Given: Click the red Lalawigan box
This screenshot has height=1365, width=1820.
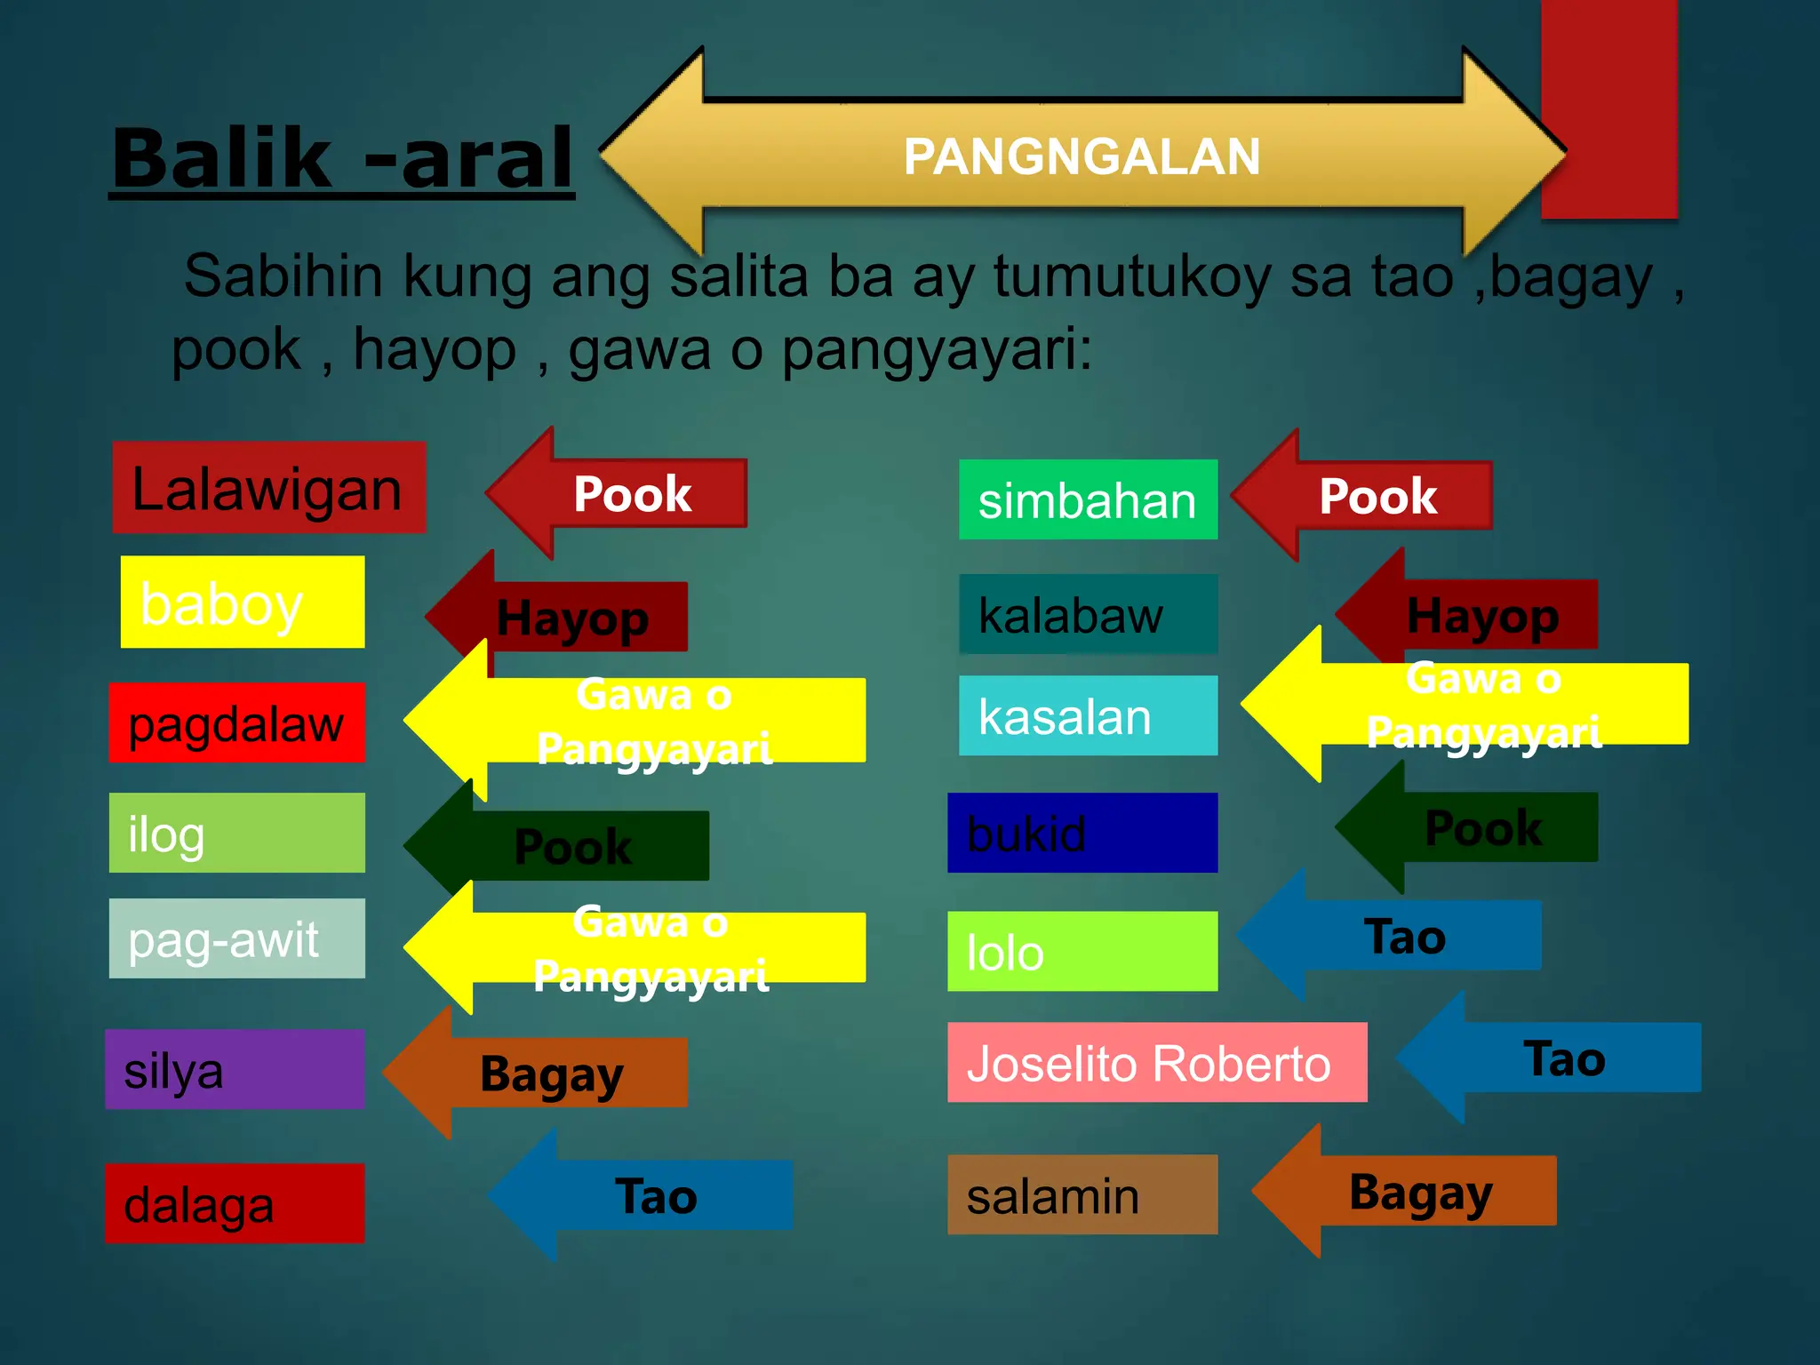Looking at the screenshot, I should pos(268,488).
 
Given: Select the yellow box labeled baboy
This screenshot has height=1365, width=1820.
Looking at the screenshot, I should pos(242,602).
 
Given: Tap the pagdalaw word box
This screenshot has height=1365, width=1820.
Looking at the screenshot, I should pos(236,722).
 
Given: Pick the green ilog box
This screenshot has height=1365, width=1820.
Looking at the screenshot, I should pos(236,833).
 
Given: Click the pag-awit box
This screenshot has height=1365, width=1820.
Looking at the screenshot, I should pos(236,938).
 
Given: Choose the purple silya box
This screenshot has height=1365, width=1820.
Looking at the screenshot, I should pos(235,1069).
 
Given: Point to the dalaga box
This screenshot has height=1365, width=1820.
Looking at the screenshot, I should pos(235,1203).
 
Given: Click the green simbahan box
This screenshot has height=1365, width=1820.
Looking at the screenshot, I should pos(1088,499).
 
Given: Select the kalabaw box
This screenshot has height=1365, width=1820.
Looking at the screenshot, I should pos(1088,614).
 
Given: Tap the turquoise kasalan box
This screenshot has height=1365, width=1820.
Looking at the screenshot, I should pos(1088,715).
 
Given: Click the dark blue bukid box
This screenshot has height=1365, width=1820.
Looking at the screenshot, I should pos(1082,833).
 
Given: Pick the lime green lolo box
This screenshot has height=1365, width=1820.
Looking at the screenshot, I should pos(1082,951).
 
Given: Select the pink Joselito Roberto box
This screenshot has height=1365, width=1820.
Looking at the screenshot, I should pos(1156,1063).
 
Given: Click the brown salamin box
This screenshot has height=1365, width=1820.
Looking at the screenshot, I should pos(1082,1194).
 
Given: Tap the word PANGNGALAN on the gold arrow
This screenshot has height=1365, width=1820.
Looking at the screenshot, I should pos(1082,156).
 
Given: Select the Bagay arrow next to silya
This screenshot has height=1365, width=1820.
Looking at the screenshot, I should pos(551,1074).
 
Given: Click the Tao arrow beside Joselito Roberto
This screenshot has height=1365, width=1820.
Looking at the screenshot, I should pos(1564,1058).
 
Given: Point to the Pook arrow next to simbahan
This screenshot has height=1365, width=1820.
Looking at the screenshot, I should pos(1377,496).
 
